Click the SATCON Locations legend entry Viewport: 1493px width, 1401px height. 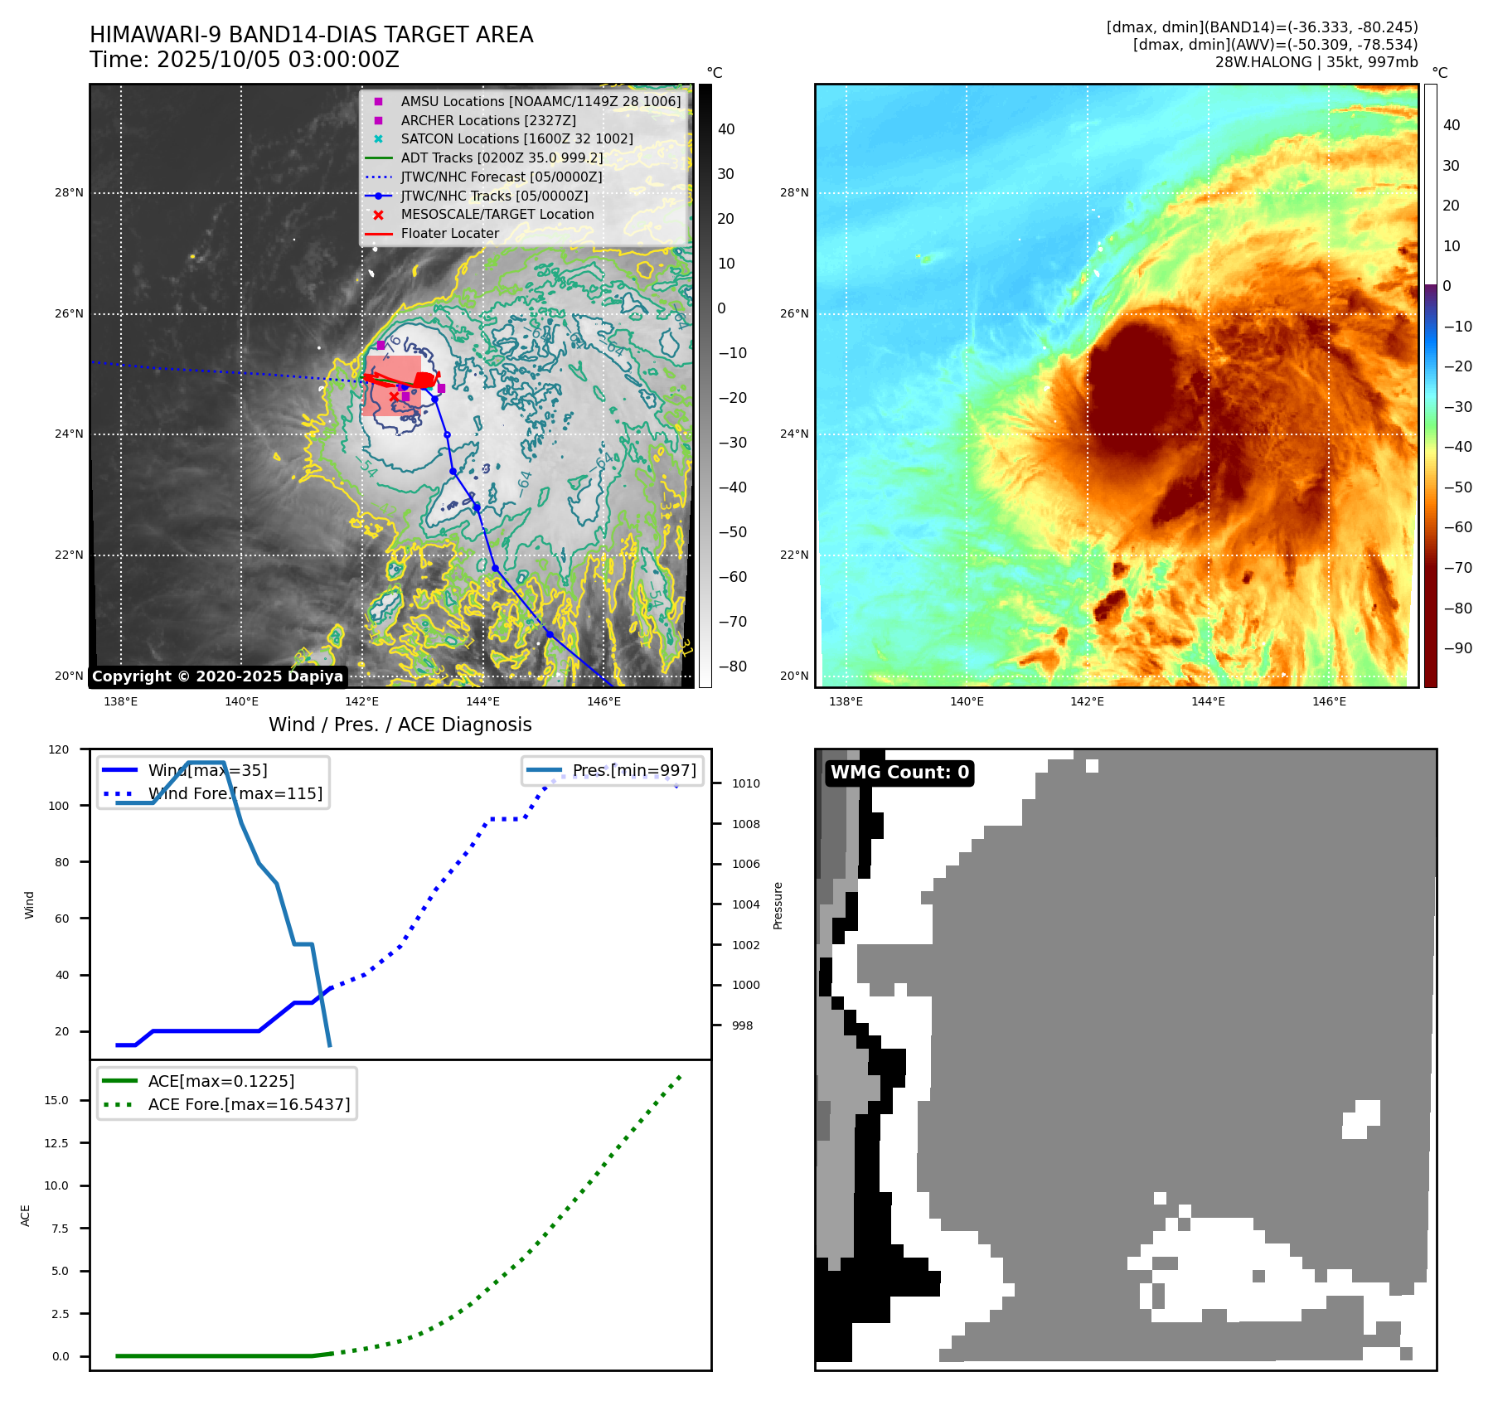[x=516, y=139]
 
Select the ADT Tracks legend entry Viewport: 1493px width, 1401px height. [x=502, y=158]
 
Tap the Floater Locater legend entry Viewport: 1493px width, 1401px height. [x=449, y=234]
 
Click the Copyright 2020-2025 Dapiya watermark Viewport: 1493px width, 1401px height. [x=217, y=676]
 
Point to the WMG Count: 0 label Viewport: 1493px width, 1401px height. [x=899, y=773]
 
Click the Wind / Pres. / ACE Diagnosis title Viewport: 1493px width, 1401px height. [x=400, y=725]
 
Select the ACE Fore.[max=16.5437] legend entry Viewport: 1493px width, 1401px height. [x=249, y=1105]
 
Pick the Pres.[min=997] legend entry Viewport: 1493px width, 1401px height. [x=634, y=771]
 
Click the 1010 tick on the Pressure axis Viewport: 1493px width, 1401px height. [x=745, y=783]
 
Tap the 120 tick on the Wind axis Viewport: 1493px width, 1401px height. [x=60, y=749]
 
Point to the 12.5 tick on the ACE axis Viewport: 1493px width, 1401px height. [x=56, y=1143]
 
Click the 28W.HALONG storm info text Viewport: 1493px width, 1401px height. [x=1316, y=62]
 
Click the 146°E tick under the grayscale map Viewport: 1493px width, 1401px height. [x=604, y=702]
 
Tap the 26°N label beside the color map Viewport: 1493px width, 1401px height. [x=794, y=314]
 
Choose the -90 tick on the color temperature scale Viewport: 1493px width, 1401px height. [x=1457, y=648]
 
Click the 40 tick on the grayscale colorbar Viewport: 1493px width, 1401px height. [x=726, y=129]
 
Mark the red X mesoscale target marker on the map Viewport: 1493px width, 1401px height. [x=394, y=397]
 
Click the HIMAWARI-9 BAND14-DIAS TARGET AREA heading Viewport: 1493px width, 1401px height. [x=311, y=35]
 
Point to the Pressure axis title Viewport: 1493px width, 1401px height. [x=778, y=905]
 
